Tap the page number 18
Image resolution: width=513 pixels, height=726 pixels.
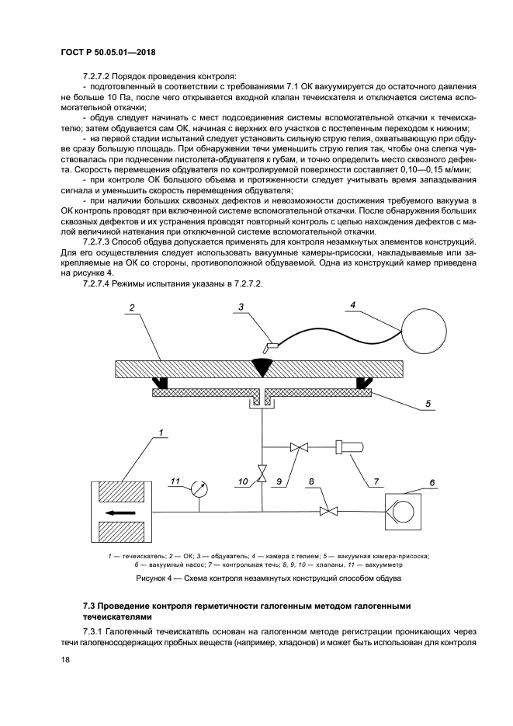point(64,659)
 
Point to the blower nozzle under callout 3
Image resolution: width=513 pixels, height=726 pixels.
point(272,346)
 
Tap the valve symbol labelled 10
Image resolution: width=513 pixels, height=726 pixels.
point(262,471)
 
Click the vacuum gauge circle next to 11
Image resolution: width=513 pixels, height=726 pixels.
point(199,489)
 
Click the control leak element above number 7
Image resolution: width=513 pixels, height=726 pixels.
point(345,447)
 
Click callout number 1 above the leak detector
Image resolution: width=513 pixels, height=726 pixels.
point(161,432)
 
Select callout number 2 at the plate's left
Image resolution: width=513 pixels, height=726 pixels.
point(133,308)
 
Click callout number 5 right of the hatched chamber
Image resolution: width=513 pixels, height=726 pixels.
point(428,404)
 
